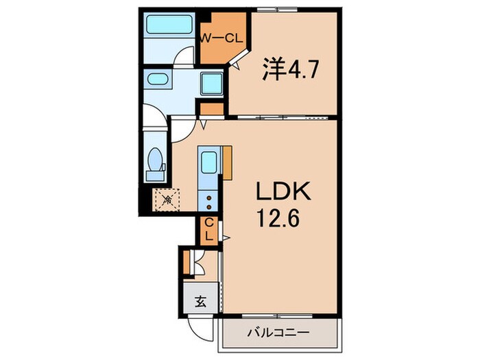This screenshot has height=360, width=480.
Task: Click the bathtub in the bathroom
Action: coord(169,25)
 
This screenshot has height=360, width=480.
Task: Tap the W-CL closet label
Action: coord(221,38)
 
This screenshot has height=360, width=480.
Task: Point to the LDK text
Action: coord(283,191)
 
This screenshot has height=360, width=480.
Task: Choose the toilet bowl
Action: coord(155,159)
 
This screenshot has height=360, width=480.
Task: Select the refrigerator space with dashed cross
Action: coord(167,200)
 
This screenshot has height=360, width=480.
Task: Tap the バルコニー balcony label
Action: coord(278,332)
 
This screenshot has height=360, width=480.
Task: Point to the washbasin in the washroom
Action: coord(158,80)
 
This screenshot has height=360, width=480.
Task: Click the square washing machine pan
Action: coord(211,83)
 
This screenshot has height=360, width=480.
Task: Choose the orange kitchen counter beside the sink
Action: coord(227,163)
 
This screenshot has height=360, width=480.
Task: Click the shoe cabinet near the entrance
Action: coord(186,263)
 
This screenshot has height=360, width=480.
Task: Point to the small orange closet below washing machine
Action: coord(212,109)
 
